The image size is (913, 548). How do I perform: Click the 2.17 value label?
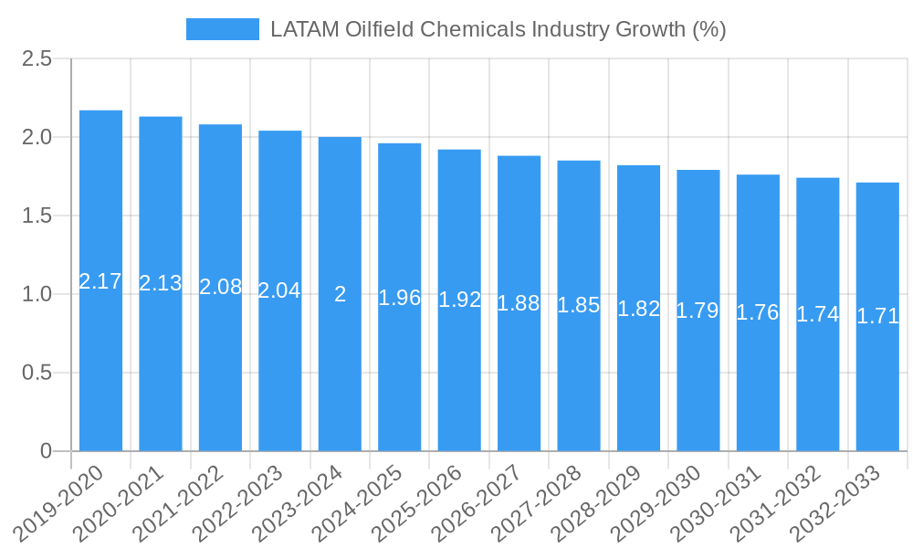pyautogui.click(x=100, y=281)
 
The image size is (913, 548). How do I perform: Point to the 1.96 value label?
pyautogui.click(x=400, y=298)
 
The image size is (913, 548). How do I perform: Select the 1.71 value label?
pyautogui.click(x=877, y=317)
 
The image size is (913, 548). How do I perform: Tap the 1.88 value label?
pyautogui.click(x=519, y=304)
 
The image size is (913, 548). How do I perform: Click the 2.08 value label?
pyautogui.click(x=220, y=287)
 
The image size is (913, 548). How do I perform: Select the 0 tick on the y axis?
pyautogui.click(x=47, y=451)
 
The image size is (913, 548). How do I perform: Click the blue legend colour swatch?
pyautogui.click(x=223, y=29)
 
